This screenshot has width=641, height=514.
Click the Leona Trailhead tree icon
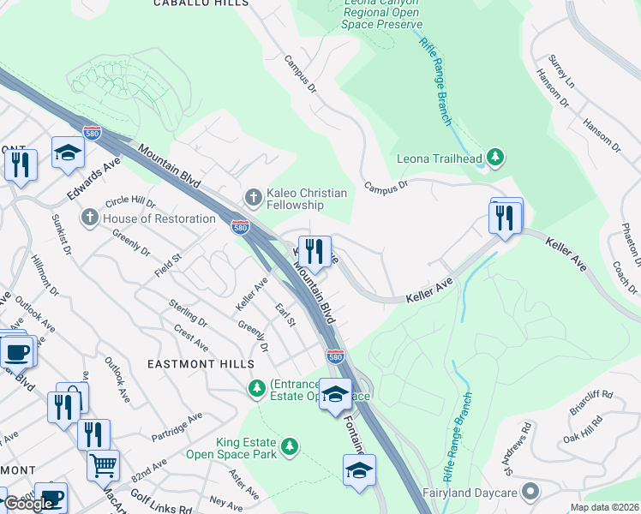tap(494, 158)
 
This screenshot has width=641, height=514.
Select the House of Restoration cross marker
tap(89, 218)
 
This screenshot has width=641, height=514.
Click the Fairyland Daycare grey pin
tap(531, 493)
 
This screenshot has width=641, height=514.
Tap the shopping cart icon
tap(103, 466)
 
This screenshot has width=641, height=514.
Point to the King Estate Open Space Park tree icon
tap(291, 446)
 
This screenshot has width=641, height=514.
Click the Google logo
tap(28, 504)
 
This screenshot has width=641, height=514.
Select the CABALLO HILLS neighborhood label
tap(201, 3)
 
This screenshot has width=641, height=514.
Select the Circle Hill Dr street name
tap(130, 203)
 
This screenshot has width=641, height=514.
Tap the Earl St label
tap(285, 314)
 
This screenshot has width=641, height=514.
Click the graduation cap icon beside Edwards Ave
tap(68, 153)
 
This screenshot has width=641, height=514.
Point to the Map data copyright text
tap(605, 507)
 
